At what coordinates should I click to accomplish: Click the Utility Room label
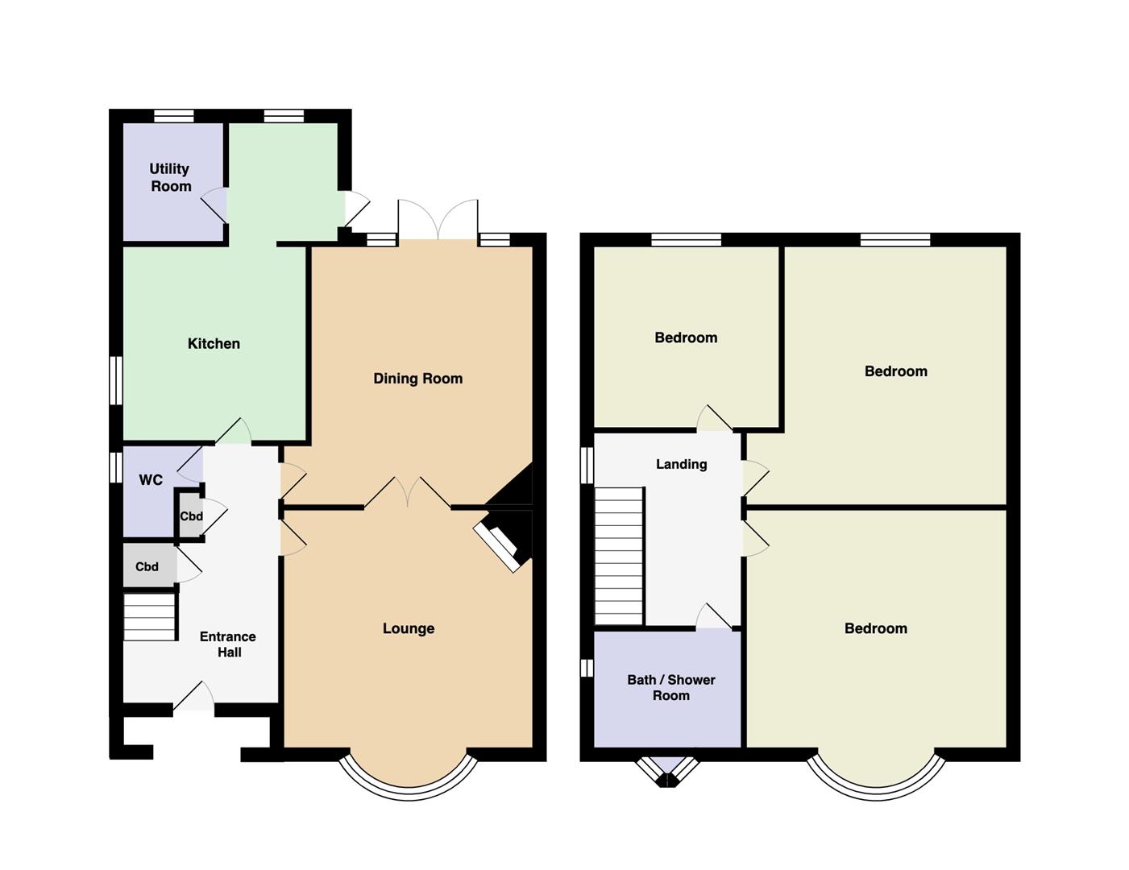[170, 177]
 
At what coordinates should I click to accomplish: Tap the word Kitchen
[214, 343]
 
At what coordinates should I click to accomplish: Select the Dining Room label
[417, 379]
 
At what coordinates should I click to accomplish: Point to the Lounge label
[409, 628]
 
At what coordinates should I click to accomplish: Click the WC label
[151, 480]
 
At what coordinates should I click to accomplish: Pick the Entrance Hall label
[228, 644]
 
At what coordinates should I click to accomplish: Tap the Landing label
[681, 464]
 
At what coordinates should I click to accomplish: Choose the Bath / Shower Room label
[670, 687]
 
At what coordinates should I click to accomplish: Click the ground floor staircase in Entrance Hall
[149, 618]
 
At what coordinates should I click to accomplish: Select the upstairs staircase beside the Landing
[619, 556]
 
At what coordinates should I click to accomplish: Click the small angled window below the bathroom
[667, 772]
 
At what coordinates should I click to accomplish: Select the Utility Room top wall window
[174, 116]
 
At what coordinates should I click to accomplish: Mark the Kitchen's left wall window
[116, 380]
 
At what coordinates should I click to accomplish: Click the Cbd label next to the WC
[191, 516]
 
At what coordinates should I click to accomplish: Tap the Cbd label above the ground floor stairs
[147, 566]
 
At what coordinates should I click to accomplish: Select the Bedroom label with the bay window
[875, 628]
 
